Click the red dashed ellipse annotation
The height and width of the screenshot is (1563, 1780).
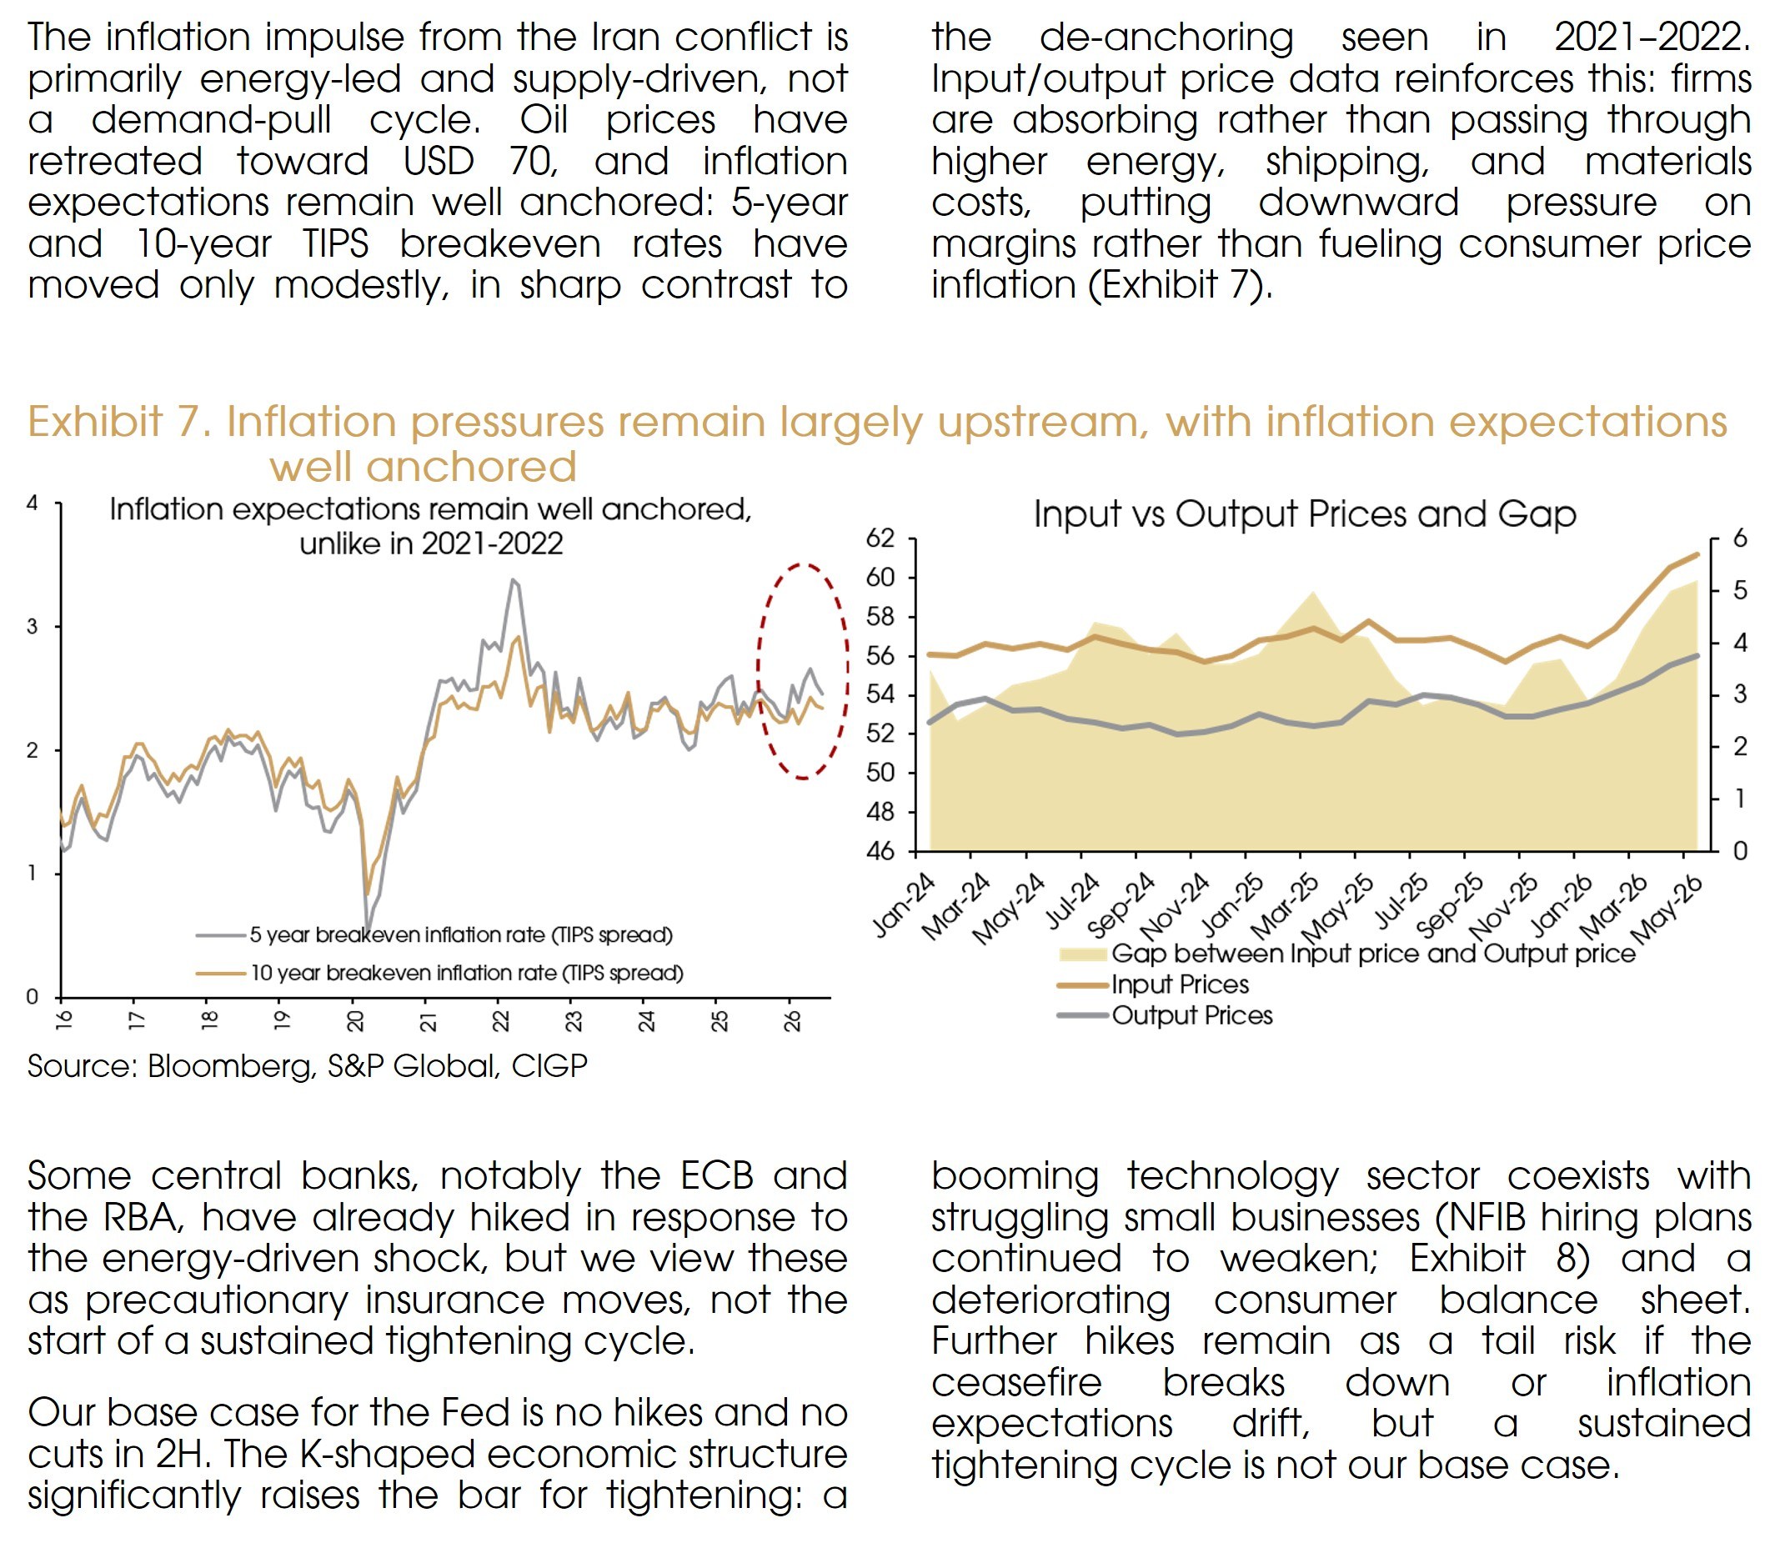(758, 670)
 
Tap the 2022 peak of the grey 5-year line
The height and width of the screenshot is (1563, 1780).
(513, 579)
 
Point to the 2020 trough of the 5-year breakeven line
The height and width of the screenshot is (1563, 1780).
(368, 934)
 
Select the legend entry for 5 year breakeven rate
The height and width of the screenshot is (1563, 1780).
(434, 935)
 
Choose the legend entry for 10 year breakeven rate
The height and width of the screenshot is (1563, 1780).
(439, 973)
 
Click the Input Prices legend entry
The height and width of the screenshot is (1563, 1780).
(1153, 984)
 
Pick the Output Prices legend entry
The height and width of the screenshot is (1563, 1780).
(1165, 1015)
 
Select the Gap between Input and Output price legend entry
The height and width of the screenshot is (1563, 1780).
(1346, 954)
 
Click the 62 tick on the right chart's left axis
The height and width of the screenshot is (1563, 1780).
(880, 539)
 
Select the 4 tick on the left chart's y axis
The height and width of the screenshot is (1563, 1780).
(33, 503)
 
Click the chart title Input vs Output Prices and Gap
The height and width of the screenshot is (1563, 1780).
(1305, 513)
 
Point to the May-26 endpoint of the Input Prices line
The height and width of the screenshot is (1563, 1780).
(1697, 554)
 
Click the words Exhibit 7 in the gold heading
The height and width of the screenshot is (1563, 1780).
(118, 422)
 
